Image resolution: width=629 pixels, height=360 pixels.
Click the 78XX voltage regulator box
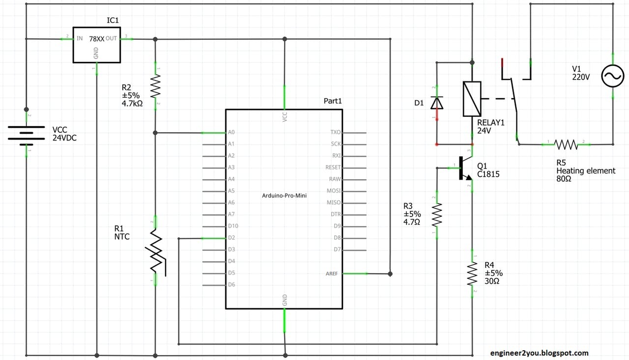click(96, 45)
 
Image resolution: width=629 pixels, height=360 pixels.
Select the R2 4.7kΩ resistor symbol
click(155, 86)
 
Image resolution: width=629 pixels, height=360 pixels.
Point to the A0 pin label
click(231, 133)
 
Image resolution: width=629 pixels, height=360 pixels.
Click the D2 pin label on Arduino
click(231, 238)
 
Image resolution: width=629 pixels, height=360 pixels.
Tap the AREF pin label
click(331, 274)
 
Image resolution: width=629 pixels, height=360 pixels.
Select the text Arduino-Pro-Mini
click(284, 195)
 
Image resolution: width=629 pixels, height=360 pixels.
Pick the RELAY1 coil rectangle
click(472, 99)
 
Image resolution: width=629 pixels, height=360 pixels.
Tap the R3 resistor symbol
click(437, 215)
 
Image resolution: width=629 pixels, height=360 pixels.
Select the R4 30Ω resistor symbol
click(472, 274)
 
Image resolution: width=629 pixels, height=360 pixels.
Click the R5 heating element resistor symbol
click(566, 144)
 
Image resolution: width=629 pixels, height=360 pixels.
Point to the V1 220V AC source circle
click(613, 77)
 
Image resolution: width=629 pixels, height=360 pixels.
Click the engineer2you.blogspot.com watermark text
click(539, 353)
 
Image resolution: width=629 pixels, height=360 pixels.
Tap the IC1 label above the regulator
click(113, 20)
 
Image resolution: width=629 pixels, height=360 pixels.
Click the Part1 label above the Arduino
click(332, 101)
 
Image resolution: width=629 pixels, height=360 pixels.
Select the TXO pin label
click(336, 133)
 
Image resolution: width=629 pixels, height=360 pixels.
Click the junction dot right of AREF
click(390, 274)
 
